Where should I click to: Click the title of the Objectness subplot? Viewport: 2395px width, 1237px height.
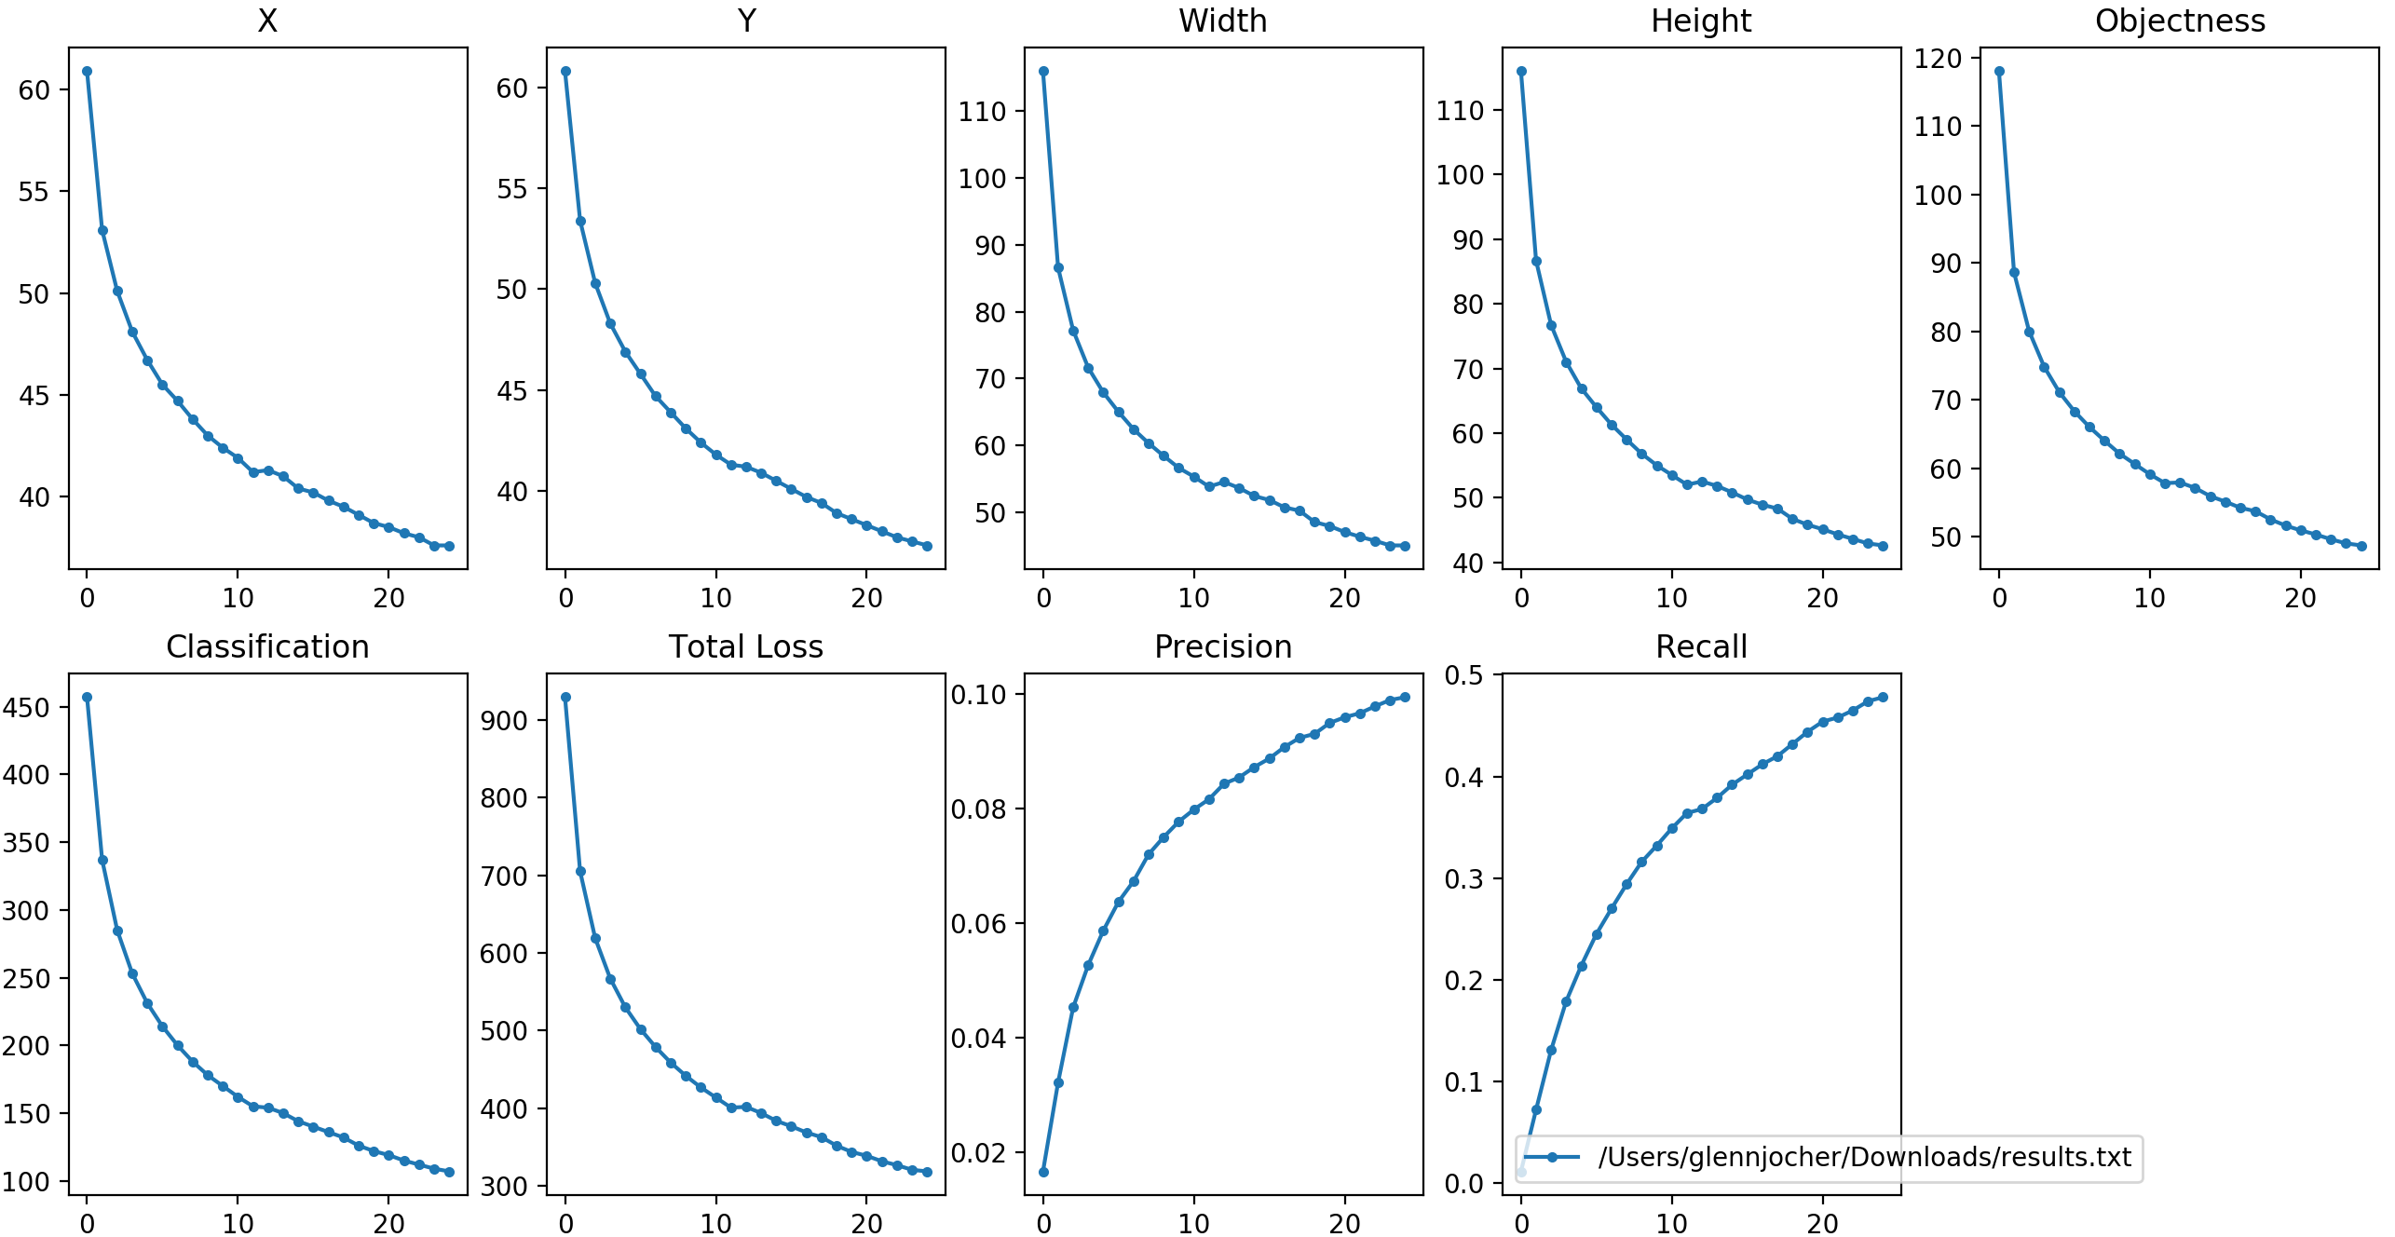click(2180, 20)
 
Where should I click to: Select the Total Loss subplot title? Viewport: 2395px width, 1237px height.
click(745, 646)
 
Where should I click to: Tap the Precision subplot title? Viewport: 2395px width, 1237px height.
click(1223, 646)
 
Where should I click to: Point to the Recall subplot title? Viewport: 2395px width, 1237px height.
click(1701, 646)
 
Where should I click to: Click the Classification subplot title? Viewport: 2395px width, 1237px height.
click(267, 646)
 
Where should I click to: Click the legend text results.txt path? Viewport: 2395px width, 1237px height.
click(1864, 1157)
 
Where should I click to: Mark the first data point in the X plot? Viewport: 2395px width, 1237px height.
click(87, 72)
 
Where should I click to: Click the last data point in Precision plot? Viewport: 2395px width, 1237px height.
click(1405, 697)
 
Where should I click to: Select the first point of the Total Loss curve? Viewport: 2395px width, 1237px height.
click(565, 697)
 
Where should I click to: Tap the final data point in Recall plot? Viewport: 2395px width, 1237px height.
click(1883, 697)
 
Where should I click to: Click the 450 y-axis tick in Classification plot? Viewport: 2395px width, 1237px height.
click(26, 708)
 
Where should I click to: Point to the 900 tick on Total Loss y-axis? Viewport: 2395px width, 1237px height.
click(504, 720)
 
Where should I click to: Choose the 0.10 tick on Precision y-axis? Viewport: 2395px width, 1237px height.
click(979, 695)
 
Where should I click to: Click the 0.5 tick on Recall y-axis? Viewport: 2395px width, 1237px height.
click(1463, 675)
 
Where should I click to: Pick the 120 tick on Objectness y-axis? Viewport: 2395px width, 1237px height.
click(1938, 59)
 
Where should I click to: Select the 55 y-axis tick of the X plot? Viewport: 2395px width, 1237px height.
click(34, 192)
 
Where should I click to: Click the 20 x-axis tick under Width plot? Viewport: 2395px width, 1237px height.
click(1344, 598)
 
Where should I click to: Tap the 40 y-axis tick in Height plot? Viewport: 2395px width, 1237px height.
click(1467, 563)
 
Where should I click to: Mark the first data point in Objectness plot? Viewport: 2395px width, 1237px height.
click(1999, 72)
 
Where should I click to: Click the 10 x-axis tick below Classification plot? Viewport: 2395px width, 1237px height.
click(238, 1224)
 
